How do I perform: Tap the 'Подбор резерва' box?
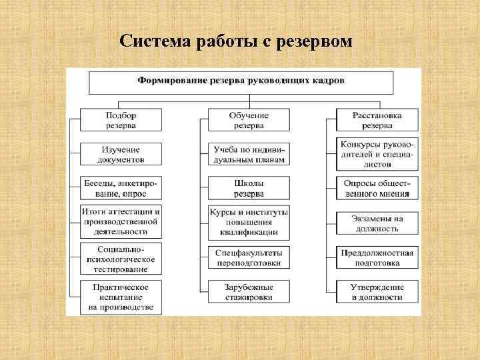point(121,120)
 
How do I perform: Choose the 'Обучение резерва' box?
point(249,120)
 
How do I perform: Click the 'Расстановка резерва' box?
point(377,120)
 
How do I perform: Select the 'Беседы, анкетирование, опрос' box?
point(121,188)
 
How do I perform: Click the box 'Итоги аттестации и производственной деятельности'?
point(121,221)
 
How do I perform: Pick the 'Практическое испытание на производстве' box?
point(121,297)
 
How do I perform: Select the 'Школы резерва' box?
point(249,188)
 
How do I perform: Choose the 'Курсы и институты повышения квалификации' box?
point(249,222)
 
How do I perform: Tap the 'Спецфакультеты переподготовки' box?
point(249,258)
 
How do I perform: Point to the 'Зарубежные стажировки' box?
point(249,291)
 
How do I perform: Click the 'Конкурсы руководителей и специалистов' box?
point(377,153)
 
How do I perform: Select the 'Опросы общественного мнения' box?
point(377,188)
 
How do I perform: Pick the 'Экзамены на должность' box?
point(377,223)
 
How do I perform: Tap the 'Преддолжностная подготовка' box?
point(377,258)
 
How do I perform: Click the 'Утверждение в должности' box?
point(377,291)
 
